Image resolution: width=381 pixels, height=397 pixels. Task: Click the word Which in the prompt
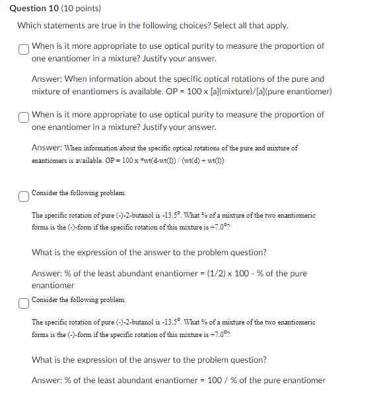click(x=30, y=26)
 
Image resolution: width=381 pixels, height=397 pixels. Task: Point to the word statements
click(x=67, y=26)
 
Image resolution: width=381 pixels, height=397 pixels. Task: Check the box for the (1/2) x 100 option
click(x=24, y=195)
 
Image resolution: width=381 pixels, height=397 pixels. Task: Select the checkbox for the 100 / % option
click(x=24, y=302)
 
